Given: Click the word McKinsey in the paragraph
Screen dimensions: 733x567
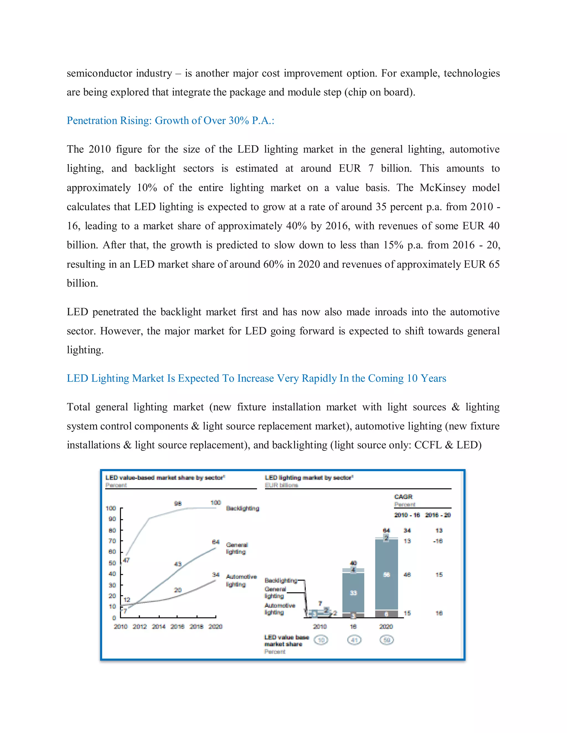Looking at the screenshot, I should click(x=443, y=187).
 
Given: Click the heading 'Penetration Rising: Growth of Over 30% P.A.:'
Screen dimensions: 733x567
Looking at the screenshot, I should click(x=170, y=121).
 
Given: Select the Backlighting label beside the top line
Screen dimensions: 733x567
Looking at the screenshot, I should click(x=243, y=508).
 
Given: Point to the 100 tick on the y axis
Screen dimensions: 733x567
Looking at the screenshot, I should click(x=111, y=508).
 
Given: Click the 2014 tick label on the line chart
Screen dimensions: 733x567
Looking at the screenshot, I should click(x=159, y=626).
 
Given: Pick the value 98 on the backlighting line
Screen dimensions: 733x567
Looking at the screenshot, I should click(x=178, y=503).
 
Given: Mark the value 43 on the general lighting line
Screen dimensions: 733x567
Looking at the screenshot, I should click(x=178, y=564).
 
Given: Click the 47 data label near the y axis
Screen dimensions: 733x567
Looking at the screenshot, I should click(x=126, y=560).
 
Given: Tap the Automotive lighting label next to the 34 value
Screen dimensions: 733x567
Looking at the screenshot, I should click(x=241, y=580).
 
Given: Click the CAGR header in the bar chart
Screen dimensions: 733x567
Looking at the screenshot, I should click(x=403, y=497).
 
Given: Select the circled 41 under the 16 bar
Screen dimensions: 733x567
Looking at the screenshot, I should click(x=354, y=640).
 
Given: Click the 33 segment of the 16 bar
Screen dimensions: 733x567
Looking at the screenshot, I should click(x=353, y=593).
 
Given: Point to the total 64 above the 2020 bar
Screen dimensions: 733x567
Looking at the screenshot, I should click(x=386, y=530).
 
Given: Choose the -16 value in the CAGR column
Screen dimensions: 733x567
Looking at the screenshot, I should click(x=438, y=541).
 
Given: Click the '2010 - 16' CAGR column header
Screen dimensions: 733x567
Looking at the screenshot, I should click(x=407, y=515).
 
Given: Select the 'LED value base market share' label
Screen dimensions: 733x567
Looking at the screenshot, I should click(x=286, y=640).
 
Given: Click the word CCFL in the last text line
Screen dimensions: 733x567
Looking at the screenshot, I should click(x=428, y=445).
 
